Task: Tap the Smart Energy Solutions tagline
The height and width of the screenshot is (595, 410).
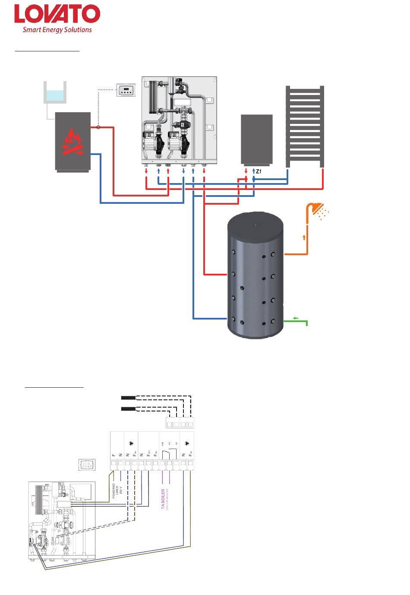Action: pyautogui.click(x=57, y=30)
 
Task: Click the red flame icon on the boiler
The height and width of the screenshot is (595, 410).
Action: pyautogui.click(x=73, y=142)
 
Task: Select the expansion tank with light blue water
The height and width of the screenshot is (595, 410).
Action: pyautogui.click(x=55, y=92)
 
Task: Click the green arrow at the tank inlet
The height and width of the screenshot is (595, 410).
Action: pyautogui.click(x=296, y=318)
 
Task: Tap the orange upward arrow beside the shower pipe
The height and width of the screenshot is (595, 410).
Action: pyautogui.click(x=304, y=237)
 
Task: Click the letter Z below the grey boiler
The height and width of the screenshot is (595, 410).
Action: pyautogui.click(x=258, y=171)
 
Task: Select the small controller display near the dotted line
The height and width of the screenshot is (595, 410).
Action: pyautogui.click(x=126, y=90)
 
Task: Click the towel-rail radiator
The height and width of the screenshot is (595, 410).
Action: pyautogui.click(x=305, y=126)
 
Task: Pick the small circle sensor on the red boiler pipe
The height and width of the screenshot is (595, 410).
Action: pyautogui.click(x=98, y=127)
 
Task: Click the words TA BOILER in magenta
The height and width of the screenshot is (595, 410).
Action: pyautogui.click(x=163, y=499)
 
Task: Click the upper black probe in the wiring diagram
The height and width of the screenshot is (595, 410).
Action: pyautogui.click(x=129, y=397)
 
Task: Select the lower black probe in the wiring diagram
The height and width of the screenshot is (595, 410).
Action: pyautogui.click(x=129, y=408)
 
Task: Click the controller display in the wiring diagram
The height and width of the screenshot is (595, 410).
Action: pyautogui.click(x=87, y=465)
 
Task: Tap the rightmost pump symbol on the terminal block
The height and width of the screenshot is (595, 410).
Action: pyautogui.click(x=187, y=443)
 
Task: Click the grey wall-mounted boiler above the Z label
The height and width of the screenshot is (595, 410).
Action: pyautogui.click(x=256, y=139)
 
